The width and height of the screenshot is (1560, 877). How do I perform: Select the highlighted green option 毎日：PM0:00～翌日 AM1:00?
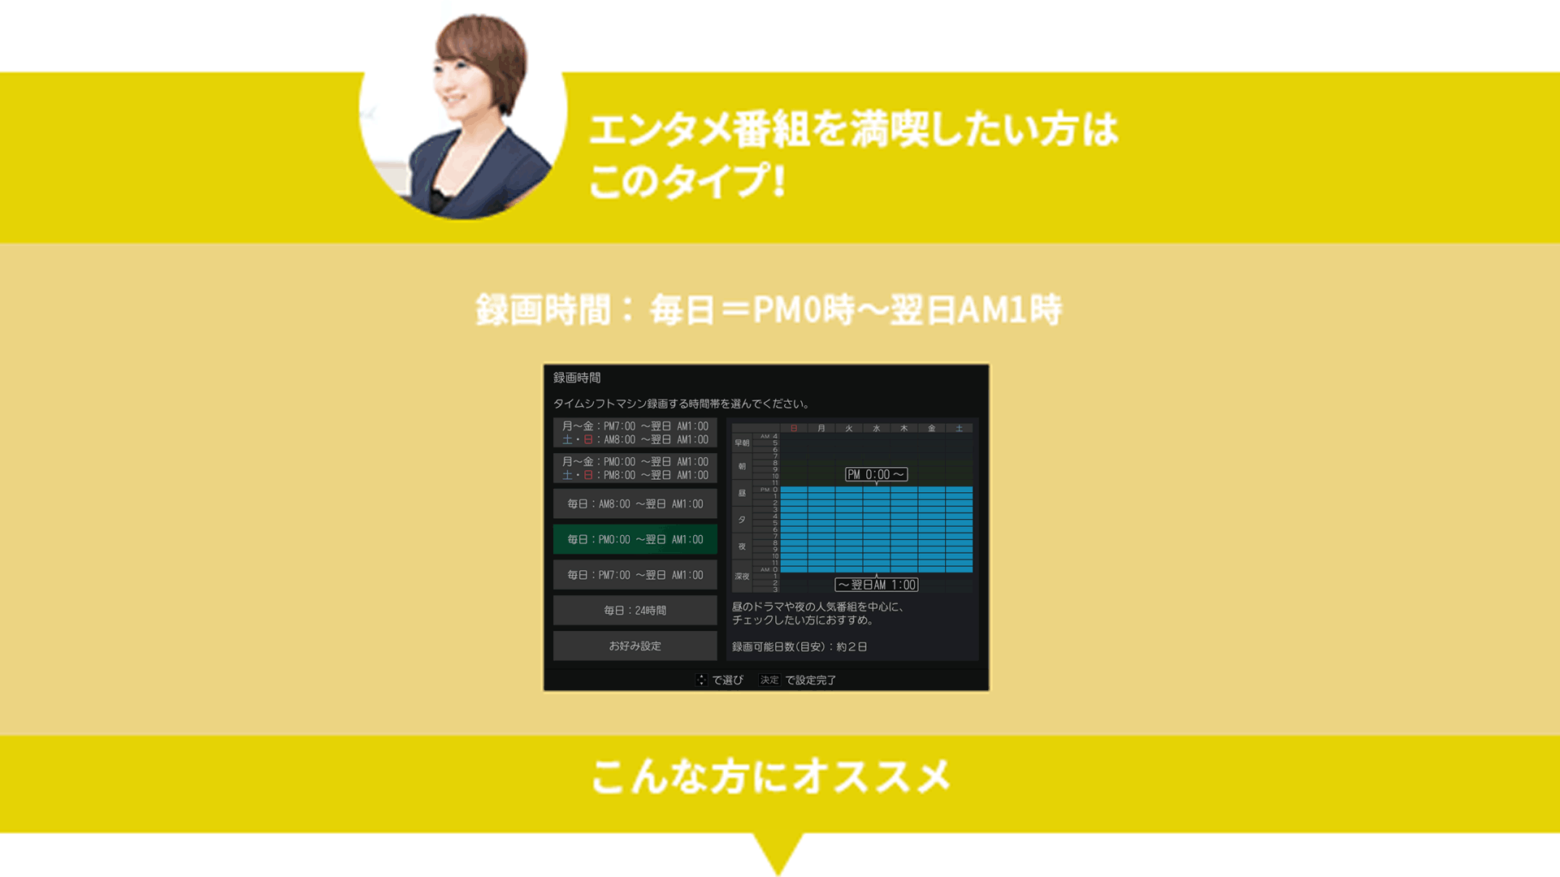click(x=635, y=539)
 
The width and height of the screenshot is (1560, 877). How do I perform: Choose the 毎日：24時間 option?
click(x=635, y=611)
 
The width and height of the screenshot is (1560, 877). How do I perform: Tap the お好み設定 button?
click(x=635, y=646)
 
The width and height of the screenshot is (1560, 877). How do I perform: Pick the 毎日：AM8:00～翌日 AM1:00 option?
click(x=635, y=504)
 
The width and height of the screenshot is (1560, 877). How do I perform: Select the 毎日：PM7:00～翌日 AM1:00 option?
click(x=635, y=575)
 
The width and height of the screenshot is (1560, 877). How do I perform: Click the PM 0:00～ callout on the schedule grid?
click(x=876, y=475)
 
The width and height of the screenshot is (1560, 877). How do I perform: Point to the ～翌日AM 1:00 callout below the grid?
click(x=877, y=585)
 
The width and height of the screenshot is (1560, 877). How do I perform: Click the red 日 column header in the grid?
click(x=794, y=428)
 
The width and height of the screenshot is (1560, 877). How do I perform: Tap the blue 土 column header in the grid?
click(x=959, y=428)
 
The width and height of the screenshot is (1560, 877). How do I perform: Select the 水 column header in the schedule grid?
click(x=877, y=428)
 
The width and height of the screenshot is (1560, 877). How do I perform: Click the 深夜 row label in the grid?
click(x=742, y=577)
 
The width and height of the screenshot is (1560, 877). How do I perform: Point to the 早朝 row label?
click(x=742, y=443)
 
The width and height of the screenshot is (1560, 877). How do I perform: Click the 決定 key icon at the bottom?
click(x=769, y=680)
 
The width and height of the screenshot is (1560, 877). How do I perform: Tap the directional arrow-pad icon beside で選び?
click(x=701, y=680)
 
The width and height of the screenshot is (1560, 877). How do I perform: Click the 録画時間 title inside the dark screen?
click(x=577, y=378)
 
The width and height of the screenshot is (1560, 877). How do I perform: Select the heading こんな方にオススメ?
click(x=771, y=776)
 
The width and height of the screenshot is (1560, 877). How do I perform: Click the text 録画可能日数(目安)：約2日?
click(x=799, y=647)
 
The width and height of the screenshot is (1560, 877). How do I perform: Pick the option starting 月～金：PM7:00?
click(x=635, y=433)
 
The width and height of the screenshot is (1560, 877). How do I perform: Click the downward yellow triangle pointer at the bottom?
click(x=778, y=853)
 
